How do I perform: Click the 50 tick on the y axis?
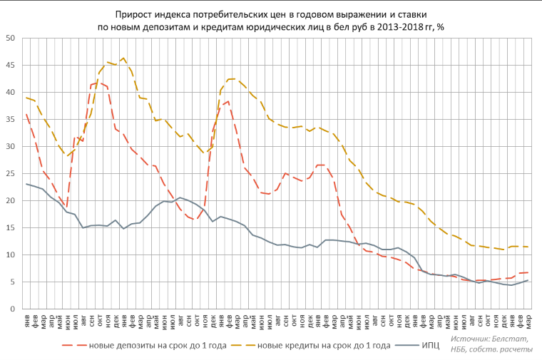[12, 38]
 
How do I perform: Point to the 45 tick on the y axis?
[12, 65]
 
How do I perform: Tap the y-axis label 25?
[12, 173]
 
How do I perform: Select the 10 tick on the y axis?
[12, 254]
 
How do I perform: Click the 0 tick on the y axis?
[14, 309]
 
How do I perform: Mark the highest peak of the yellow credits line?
[123, 58]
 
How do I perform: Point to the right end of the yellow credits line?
[528, 247]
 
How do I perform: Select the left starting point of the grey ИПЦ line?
[26, 184]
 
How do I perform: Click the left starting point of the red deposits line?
[26, 114]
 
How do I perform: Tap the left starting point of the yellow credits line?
[26, 98]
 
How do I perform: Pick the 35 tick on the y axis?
[12, 119]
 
